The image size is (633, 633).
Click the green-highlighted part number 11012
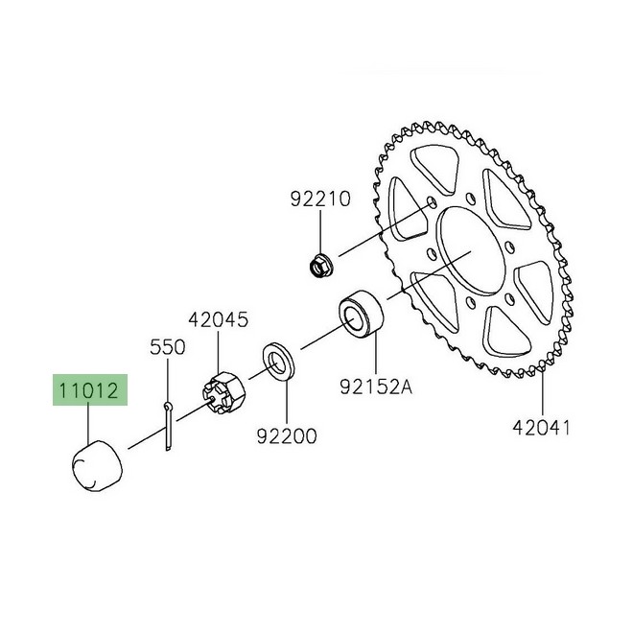(87, 391)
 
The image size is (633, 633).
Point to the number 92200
(286, 436)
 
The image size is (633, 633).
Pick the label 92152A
(375, 387)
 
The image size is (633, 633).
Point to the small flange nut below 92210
(319, 262)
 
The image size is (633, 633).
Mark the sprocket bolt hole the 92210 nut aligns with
(432, 203)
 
